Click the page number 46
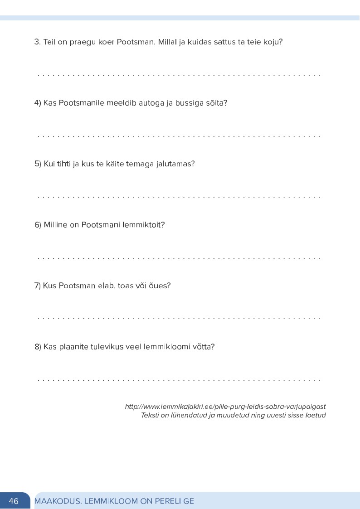click(x=14, y=501)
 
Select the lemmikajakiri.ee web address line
click(x=225, y=407)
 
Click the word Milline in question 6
click(x=55, y=225)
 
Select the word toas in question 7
click(x=126, y=286)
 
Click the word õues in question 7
click(x=161, y=286)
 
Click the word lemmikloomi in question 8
click(x=165, y=347)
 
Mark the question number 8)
click(x=38, y=347)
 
